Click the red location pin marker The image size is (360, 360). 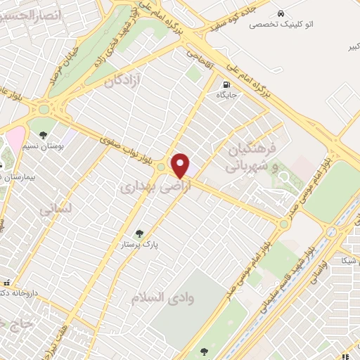[181, 166]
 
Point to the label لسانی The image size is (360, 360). [55, 209]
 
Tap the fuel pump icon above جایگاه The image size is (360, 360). [225, 82]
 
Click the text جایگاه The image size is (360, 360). [225, 94]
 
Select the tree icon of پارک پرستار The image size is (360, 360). [139, 234]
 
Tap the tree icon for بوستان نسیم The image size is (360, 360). [44, 135]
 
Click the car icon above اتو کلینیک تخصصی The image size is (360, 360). [281, 13]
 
